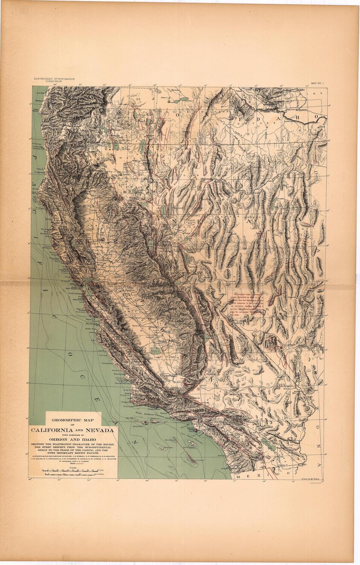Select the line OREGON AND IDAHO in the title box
point(74,438)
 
